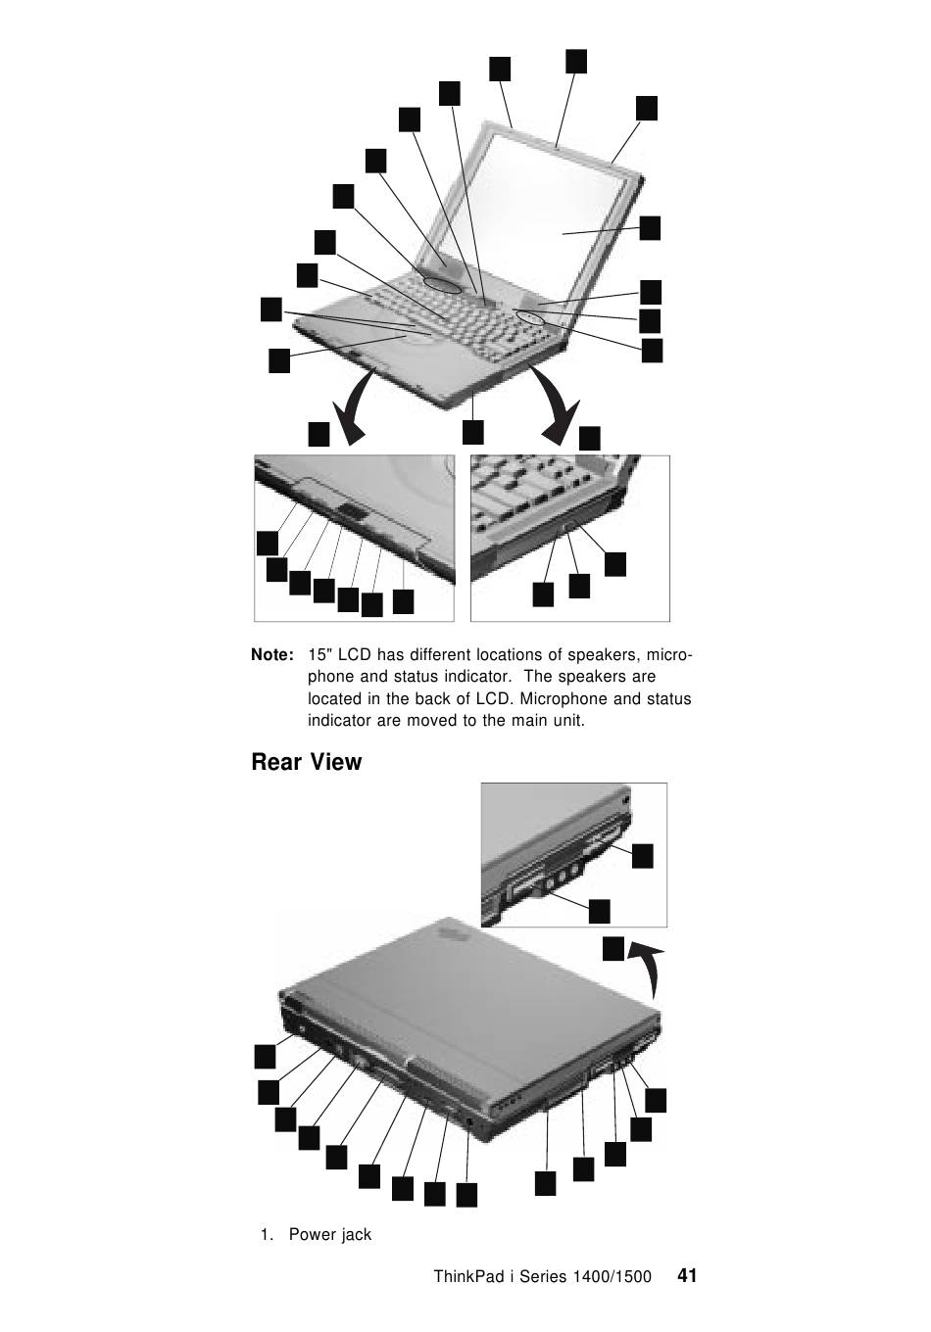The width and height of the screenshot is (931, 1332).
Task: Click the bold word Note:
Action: click(272, 654)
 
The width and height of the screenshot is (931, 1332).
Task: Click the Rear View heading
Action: click(306, 762)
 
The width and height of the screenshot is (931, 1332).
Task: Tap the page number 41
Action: click(687, 1275)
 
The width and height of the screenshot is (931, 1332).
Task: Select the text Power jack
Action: click(330, 1235)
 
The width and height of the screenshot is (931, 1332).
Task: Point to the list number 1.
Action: click(266, 1235)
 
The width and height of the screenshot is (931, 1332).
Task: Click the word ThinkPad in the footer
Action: click(466, 1277)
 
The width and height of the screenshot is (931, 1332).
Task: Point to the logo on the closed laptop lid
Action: click(452, 933)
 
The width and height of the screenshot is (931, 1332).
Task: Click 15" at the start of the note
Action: click(318, 654)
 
